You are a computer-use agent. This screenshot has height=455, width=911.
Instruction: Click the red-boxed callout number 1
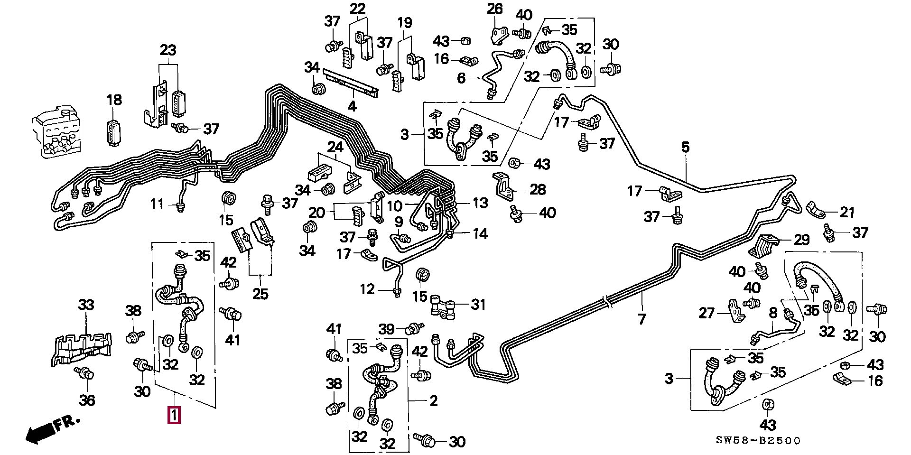click(x=174, y=415)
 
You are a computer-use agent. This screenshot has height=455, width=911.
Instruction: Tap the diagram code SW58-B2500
click(x=758, y=441)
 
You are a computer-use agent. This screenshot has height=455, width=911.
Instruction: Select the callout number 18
click(x=114, y=100)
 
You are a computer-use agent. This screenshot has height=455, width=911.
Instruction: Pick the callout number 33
click(x=86, y=304)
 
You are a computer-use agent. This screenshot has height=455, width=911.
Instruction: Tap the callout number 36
click(x=87, y=400)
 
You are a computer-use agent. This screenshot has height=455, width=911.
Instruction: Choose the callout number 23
click(x=168, y=50)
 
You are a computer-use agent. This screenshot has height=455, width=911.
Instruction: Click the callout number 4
click(x=352, y=106)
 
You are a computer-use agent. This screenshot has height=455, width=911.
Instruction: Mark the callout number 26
click(x=495, y=9)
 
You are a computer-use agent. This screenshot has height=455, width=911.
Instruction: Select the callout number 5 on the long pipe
click(x=686, y=148)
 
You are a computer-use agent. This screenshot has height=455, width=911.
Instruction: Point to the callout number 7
click(x=642, y=319)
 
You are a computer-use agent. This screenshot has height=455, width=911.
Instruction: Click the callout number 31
click(x=478, y=304)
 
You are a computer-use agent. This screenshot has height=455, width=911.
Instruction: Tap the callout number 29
click(x=802, y=240)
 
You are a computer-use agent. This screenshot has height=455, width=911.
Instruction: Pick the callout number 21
click(x=847, y=212)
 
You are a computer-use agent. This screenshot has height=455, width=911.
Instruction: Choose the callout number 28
click(x=538, y=190)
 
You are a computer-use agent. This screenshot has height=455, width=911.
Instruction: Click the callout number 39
click(x=387, y=329)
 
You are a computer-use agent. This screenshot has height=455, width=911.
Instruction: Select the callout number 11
click(x=157, y=204)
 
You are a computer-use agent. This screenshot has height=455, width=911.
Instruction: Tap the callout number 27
click(x=706, y=313)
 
